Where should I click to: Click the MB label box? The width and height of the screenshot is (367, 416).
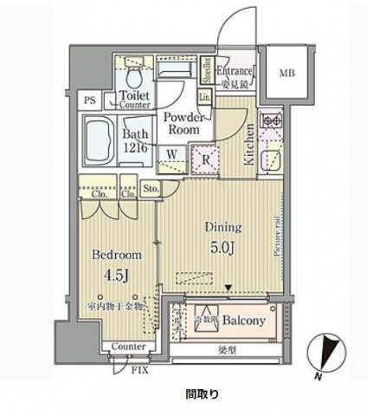(286, 75)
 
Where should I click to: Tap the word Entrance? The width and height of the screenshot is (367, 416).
(235, 72)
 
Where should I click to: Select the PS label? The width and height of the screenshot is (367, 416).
(90, 100)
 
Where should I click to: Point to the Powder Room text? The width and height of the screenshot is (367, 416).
(183, 122)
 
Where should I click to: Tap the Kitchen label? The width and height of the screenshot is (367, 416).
(248, 143)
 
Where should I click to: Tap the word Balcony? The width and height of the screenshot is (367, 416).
(242, 320)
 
